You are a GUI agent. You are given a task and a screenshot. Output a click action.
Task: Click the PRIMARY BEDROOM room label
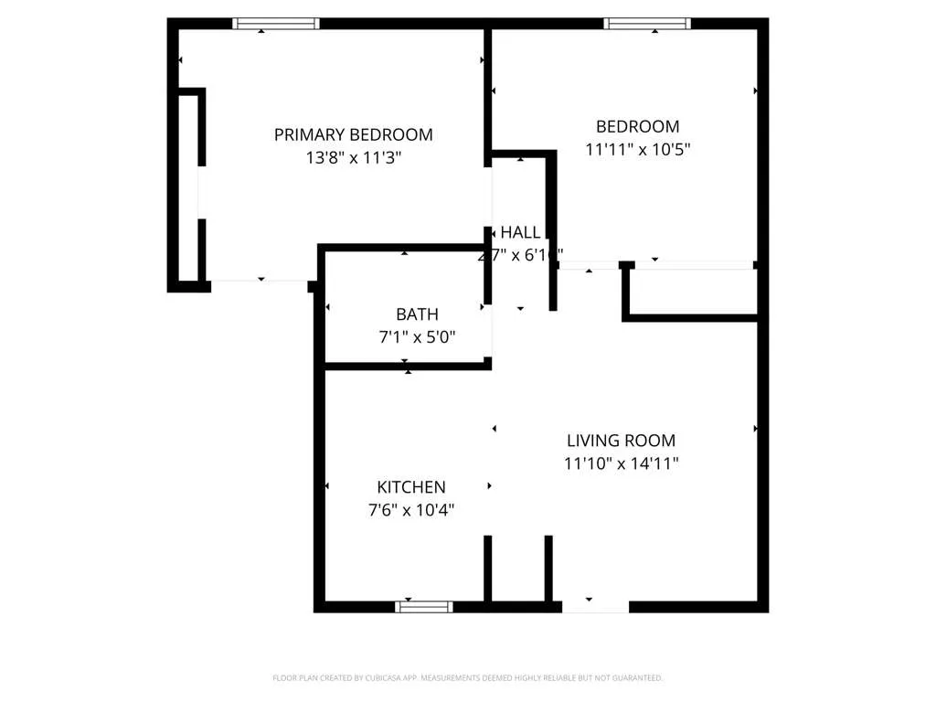[x=353, y=134]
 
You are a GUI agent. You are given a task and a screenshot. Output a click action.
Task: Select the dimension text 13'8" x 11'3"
[x=353, y=157]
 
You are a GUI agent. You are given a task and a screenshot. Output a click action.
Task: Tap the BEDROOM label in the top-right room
[x=637, y=126]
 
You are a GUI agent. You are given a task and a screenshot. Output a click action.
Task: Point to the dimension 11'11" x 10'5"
[x=637, y=149]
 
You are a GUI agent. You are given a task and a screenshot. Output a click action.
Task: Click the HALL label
[x=519, y=232]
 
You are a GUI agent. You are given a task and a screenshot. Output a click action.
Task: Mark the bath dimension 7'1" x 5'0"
[x=417, y=337]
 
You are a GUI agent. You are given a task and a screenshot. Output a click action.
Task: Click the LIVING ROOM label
[x=621, y=441]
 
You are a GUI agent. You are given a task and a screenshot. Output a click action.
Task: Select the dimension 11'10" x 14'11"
[x=621, y=463]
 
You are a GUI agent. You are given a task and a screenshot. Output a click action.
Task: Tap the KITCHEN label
[x=411, y=487]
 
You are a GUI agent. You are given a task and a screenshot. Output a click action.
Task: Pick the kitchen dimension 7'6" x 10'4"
[x=411, y=510]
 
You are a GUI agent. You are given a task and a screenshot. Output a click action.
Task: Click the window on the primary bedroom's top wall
[x=276, y=24]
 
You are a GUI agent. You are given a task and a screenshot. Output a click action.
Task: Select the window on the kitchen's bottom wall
[x=424, y=606]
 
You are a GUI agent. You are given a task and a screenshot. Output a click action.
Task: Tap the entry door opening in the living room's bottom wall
[x=595, y=606]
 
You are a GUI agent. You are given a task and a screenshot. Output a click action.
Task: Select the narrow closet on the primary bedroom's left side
[x=188, y=187]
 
